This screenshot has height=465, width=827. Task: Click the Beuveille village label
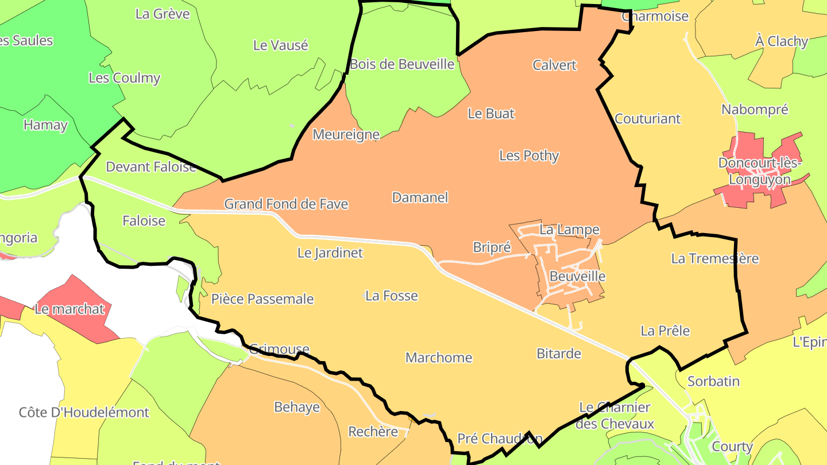coord(577,276)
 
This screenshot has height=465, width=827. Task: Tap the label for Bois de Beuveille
coord(402,64)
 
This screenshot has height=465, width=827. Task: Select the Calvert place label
coord(554,65)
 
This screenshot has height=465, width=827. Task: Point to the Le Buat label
coord(491,114)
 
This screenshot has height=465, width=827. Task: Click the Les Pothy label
coord(529,156)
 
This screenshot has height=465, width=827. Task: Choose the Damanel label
coord(420,197)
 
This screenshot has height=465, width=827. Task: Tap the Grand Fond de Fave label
coord(286,204)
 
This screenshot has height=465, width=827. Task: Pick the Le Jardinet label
coord(330,253)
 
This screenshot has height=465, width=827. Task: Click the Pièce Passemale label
coord(262,299)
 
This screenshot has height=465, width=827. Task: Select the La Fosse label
coord(392,296)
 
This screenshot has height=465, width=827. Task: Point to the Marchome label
coord(439,358)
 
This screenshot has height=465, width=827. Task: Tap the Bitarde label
coord(559,354)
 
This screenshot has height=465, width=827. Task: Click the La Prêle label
coord(665,331)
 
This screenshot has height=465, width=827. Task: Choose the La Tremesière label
coord(714,259)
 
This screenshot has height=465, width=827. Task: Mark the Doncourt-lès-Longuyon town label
coord(759,171)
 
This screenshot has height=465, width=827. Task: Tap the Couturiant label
coord(647,119)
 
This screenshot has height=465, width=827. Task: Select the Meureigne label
coord(346,134)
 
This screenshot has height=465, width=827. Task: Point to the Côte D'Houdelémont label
coord(84,412)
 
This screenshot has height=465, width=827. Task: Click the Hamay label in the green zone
coord(45,125)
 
